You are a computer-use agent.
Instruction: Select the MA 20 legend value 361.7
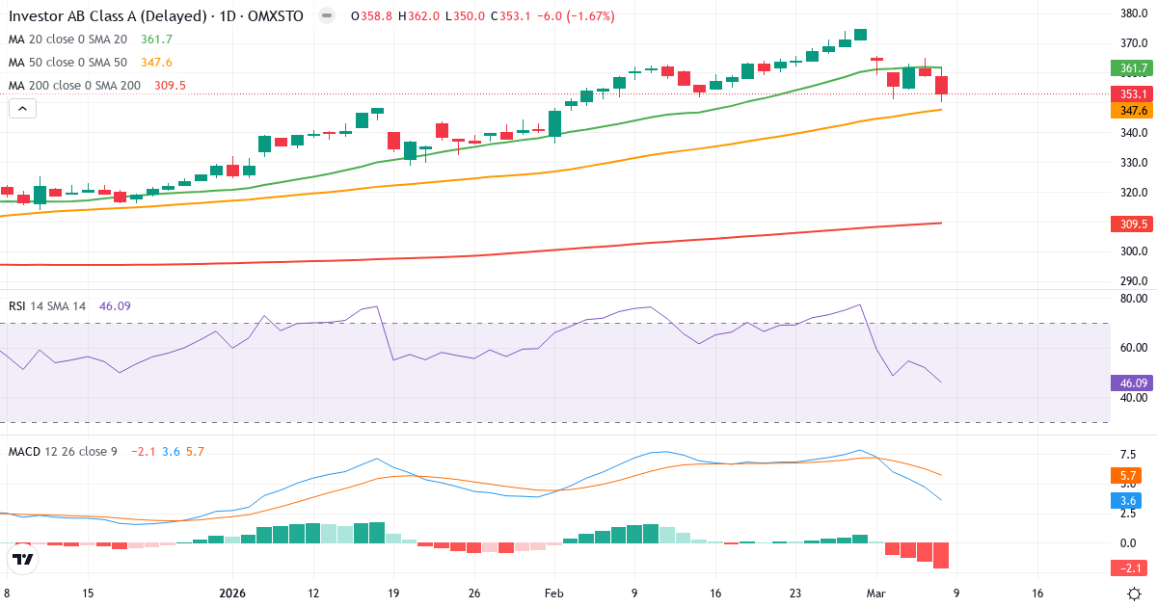[x=156, y=40]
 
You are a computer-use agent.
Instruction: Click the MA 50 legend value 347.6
[x=156, y=63]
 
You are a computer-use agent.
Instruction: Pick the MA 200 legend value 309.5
[x=170, y=86]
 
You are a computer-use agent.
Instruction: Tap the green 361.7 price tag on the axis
[x=1133, y=68]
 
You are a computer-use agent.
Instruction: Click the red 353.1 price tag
[x=1133, y=93]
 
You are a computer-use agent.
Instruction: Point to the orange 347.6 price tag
[x=1133, y=111]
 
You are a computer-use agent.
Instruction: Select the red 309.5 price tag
[x=1133, y=224]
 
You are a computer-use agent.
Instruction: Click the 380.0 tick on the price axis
[x=1133, y=13]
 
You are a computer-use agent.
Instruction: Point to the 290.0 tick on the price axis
[x=1133, y=281]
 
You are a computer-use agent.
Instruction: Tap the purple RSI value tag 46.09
[x=1133, y=383]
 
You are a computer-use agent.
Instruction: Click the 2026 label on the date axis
[x=232, y=594]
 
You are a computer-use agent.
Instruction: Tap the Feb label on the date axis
[x=553, y=594]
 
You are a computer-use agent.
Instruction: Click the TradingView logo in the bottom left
[x=23, y=559]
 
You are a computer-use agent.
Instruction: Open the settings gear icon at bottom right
[x=1136, y=594]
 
